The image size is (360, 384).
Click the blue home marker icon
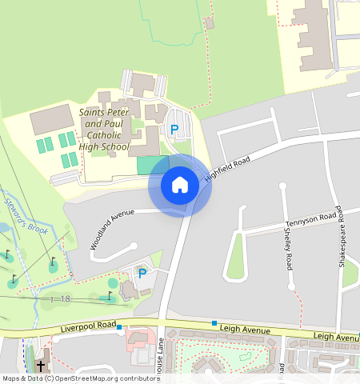point(180,185)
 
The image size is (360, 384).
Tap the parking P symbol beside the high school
point(174,130)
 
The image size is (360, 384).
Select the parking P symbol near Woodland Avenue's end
point(142,274)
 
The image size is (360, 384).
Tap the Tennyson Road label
point(311,220)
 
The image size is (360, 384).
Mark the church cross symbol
point(41,366)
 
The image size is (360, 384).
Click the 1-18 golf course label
point(59,298)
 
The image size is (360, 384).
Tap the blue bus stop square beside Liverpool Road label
point(119,327)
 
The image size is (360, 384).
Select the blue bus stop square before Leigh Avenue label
point(214,323)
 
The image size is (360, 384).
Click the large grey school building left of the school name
point(52,121)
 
